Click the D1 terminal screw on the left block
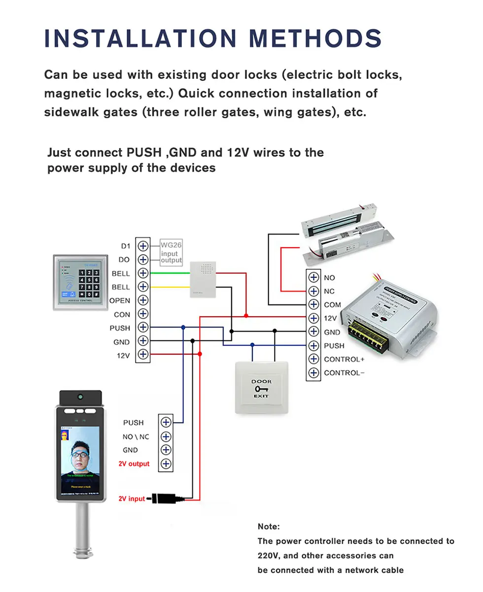[x=143, y=246]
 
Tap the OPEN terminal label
[x=120, y=300]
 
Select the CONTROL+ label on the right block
[x=344, y=359]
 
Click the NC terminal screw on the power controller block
[x=313, y=292]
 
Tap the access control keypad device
[x=80, y=282]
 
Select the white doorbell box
[x=204, y=279]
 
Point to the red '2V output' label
[x=134, y=463]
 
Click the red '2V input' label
[x=132, y=498]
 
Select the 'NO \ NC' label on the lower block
[x=136, y=436]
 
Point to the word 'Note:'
[x=269, y=526]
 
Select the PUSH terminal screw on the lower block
[x=166, y=422]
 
